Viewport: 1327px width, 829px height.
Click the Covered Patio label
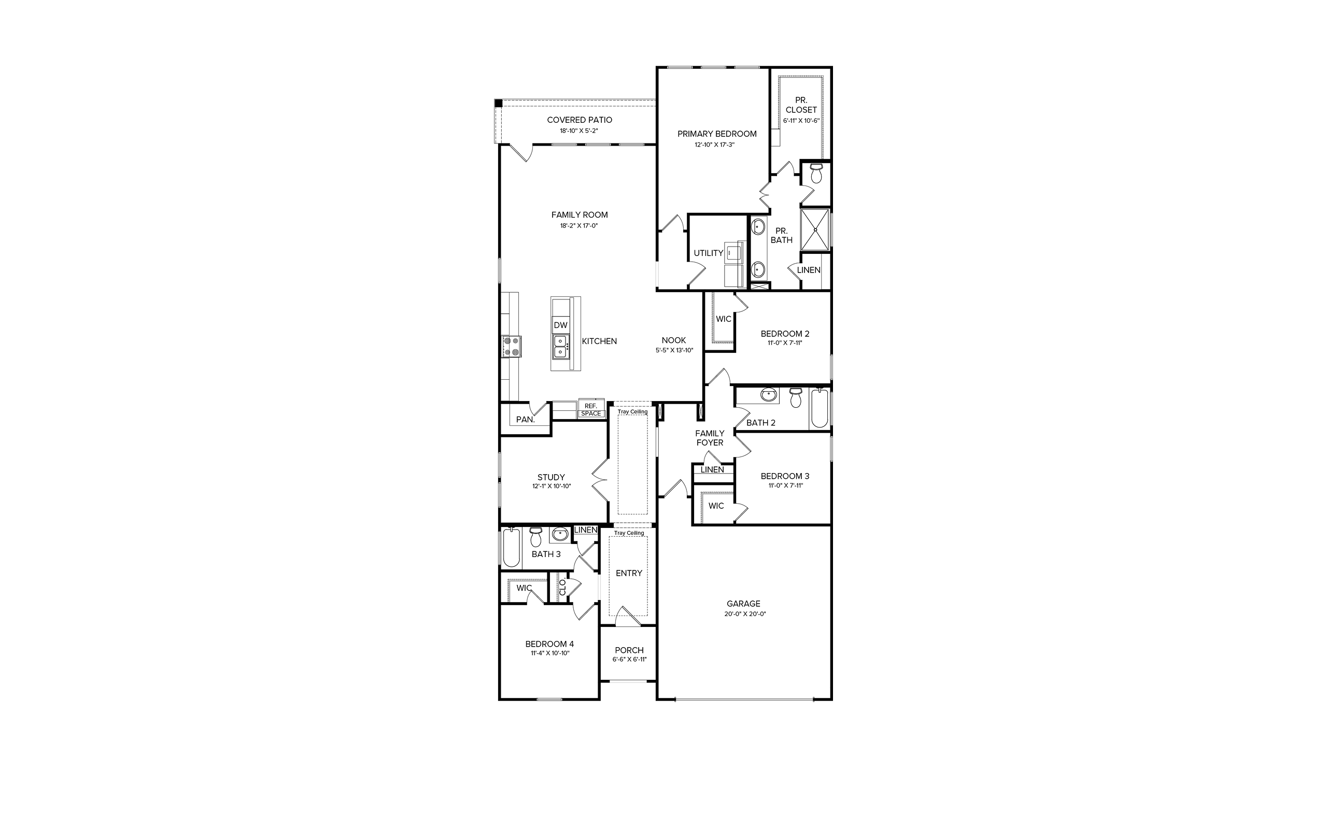click(x=580, y=120)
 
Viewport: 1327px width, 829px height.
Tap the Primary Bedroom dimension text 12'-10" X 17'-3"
click(x=714, y=145)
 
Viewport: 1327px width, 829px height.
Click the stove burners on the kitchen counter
click(x=127, y=347)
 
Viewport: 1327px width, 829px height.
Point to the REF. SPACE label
click(x=591, y=409)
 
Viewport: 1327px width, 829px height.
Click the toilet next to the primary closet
click(x=816, y=173)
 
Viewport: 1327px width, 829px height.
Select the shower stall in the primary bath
click(x=815, y=229)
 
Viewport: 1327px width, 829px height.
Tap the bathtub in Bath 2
click(x=818, y=408)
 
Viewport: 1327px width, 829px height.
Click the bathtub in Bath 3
click(x=511, y=548)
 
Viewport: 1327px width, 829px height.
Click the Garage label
click(x=743, y=604)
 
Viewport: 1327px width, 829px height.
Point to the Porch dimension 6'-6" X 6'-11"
click(x=629, y=660)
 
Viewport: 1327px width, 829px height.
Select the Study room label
click(x=551, y=478)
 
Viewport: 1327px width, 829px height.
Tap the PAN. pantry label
click(x=525, y=420)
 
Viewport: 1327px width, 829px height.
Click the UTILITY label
click(x=709, y=253)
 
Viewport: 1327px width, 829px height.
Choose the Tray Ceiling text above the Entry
click(x=629, y=533)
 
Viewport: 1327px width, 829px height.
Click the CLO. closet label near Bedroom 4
click(x=562, y=587)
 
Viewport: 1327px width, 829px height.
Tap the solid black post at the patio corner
click(x=499, y=103)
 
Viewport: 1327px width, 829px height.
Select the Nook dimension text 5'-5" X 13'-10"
click(x=674, y=350)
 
